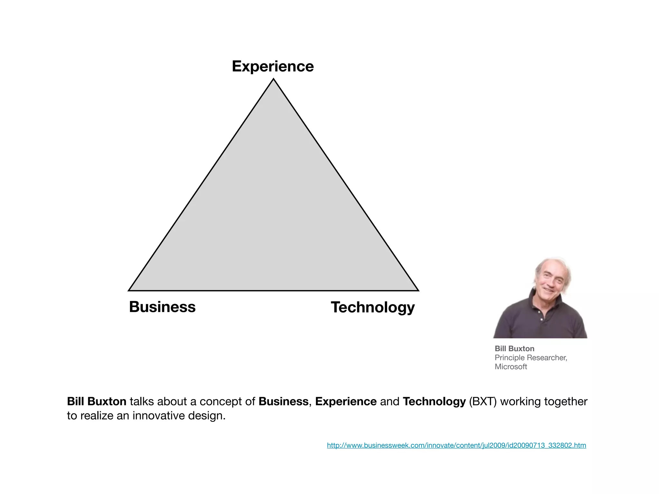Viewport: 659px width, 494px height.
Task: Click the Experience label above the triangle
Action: (x=273, y=67)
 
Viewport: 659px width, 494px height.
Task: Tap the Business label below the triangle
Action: (x=162, y=307)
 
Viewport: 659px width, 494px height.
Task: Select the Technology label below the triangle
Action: (x=373, y=307)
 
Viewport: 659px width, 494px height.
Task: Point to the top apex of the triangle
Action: (x=273, y=79)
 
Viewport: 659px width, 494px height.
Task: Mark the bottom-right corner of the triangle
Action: (x=418, y=290)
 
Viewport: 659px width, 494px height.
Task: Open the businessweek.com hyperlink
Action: (x=456, y=445)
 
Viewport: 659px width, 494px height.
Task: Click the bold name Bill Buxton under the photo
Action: (x=514, y=349)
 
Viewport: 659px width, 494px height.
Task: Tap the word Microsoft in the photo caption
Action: (x=511, y=367)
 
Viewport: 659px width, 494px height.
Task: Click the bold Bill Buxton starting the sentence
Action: (x=97, y=401)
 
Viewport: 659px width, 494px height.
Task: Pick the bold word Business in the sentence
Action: (x=283, y=401)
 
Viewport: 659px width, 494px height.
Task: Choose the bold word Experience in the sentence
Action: (x=346, y=401)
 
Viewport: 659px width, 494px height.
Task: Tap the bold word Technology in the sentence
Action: (x=434, y=401)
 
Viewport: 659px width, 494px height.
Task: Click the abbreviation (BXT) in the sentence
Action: (x=483, y=401)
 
